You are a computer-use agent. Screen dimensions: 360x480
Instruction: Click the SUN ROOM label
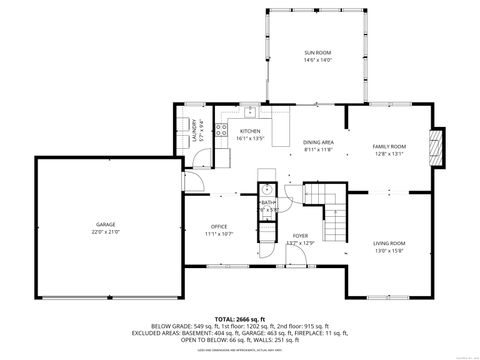click(x=317, y=52)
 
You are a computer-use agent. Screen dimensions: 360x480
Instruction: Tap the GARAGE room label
click(x=106, y=224)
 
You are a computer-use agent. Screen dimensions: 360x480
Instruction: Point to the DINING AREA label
click(x=318, y=143)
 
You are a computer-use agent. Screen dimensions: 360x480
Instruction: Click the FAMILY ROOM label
click(x=389, y=146)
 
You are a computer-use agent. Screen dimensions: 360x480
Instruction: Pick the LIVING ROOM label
click(x=389, y=243)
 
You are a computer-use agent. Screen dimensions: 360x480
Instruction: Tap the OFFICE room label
click(x=219, y=227)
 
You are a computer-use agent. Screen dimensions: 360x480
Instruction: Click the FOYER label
click(x=299, y=237)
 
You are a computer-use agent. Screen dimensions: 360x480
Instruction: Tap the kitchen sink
click(x=249, y=111)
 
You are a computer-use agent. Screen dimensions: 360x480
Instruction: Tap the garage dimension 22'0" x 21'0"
click(x=106, y=232)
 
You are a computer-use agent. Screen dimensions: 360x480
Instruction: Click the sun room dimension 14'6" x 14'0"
click(x=317, y=60)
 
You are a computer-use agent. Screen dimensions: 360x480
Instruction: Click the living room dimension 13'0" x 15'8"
click(x=389, y=251)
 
